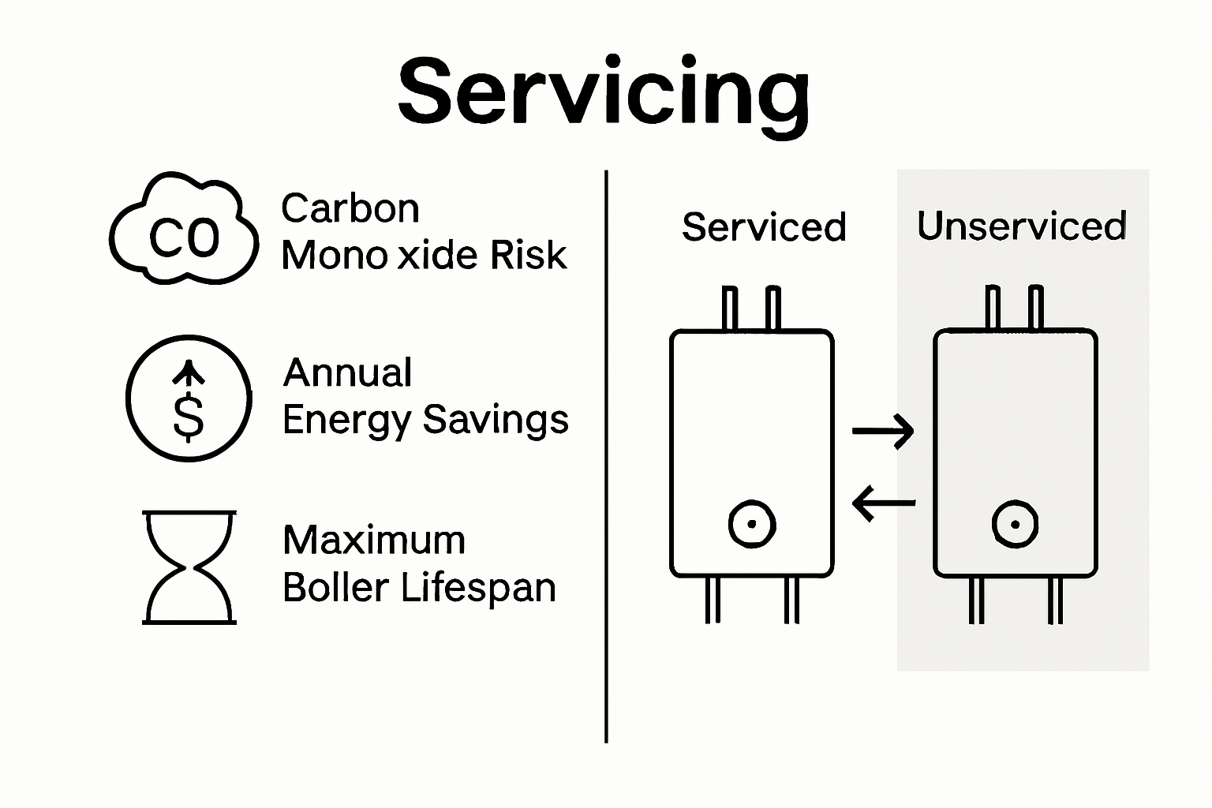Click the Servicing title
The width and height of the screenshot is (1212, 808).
(x=604, y=93)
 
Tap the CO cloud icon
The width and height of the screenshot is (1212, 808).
(x=184, y=230)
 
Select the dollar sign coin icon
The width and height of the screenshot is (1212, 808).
(x=189, y=398)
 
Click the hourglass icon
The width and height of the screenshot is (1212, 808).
(x=189, y=567)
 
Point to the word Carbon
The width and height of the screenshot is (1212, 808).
(x=350, y=209)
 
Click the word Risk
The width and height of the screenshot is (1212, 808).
(x=528, y=256)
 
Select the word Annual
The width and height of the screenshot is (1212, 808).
(x=347, y=372)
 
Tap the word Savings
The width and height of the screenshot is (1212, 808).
(x=496, y=420)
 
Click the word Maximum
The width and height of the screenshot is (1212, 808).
(x=374, y=541)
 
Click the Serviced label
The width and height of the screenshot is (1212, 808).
(x=764, y=227)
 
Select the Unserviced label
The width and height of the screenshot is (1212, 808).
(x=1021, y=226)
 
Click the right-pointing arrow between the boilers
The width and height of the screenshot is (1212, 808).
(x=883, y=431)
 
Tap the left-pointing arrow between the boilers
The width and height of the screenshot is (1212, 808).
(x=884, y=502)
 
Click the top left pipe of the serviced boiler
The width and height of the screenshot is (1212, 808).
(x=731, y=309)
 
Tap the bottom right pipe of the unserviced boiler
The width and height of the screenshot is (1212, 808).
(x=1055, y=600)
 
